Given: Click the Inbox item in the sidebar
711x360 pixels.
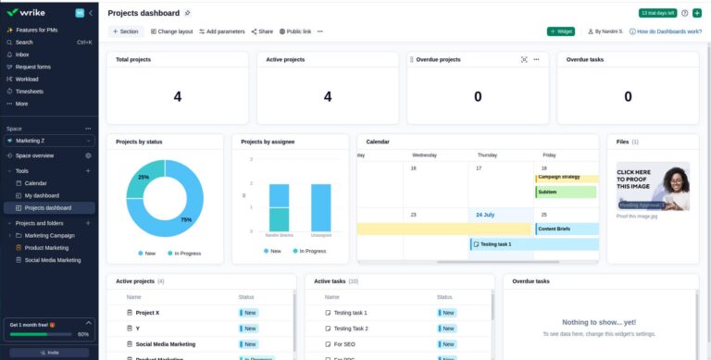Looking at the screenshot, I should (22, 55).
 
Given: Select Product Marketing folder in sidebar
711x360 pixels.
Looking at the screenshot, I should (46, 248).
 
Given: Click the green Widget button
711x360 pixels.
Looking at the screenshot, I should (561, 31).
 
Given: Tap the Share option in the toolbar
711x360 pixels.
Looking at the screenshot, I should (262, 31).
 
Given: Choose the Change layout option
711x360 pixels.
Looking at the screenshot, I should (172, 31).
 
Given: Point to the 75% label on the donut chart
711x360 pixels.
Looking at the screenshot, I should (186, 219).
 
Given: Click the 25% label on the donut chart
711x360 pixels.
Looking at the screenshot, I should (143, 177).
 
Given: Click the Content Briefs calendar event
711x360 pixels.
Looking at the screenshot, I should (554, 229).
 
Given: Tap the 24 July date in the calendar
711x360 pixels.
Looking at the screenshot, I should (485, 215).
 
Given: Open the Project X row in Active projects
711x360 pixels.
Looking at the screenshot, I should (147, 313).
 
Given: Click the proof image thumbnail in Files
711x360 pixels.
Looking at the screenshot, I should (653, 188).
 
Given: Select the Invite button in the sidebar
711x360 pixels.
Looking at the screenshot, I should (49, 353).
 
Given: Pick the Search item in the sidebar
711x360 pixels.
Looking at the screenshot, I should (24, 43).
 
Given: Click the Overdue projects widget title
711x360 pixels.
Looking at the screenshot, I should (438, 59).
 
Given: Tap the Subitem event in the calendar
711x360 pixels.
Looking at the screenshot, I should (548, 192).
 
